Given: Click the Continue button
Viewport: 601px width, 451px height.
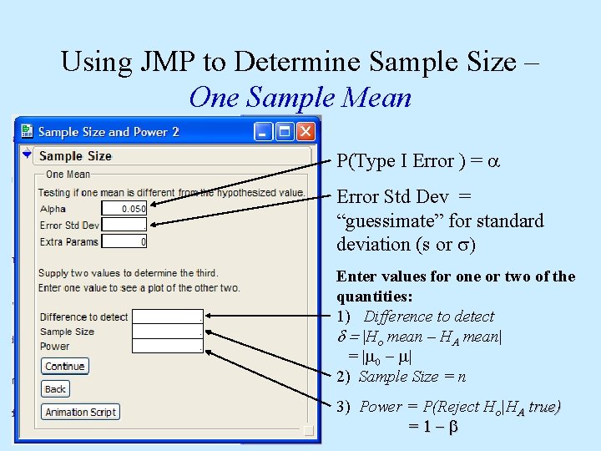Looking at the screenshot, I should pos(65,366).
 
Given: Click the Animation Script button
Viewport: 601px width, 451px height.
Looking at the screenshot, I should pos(81,412).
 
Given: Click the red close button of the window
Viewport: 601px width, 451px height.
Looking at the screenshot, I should pos(306,131).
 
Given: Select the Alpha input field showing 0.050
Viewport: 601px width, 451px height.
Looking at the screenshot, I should pos(124,209).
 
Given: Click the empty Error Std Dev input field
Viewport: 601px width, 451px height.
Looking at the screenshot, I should pos(124,225).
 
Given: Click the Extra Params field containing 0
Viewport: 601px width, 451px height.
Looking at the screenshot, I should pos(124,241).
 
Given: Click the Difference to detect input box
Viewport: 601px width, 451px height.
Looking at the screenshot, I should pos(167,317).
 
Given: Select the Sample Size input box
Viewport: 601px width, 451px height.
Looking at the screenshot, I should pos(167,332).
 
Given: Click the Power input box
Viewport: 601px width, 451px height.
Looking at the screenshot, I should pos(167,346).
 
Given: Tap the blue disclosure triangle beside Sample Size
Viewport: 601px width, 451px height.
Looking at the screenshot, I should pos(27,155).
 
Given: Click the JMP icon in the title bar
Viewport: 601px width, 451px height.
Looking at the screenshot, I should pos(27,131).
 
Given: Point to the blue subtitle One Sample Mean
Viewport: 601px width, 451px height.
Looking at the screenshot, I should pos(300,98).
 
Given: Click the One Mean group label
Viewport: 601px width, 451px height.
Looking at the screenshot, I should pos(68,174).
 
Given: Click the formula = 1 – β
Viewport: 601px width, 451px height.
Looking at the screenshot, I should pos(433,426).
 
